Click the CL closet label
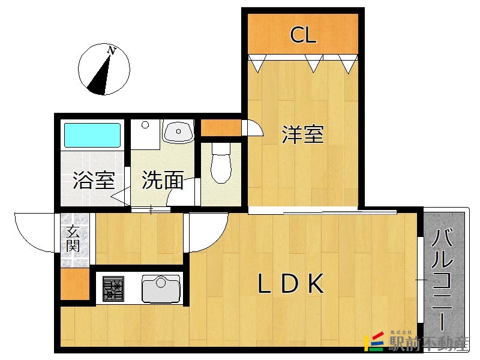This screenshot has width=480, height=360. point(303,35)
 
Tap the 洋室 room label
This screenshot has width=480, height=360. point(302,134)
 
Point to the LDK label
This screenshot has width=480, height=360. point(290,284)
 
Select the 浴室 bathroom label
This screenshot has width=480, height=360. point(94,181)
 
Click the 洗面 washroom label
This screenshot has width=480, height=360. point(163,180)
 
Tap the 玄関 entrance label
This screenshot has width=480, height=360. point(73,238)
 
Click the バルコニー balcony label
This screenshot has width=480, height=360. point(442,280)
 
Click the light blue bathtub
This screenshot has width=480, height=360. point(92,136)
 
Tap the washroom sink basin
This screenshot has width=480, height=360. point(178,131)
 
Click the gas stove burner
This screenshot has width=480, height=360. point(113,289)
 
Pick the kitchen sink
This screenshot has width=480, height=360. point(161,289)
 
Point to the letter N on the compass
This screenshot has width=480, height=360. point(112,50)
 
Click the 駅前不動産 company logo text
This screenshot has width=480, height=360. point(428,343)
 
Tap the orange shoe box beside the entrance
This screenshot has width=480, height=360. point(75,284)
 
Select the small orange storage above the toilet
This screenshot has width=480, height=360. point(221,128)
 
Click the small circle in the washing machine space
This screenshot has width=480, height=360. point(145,125)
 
